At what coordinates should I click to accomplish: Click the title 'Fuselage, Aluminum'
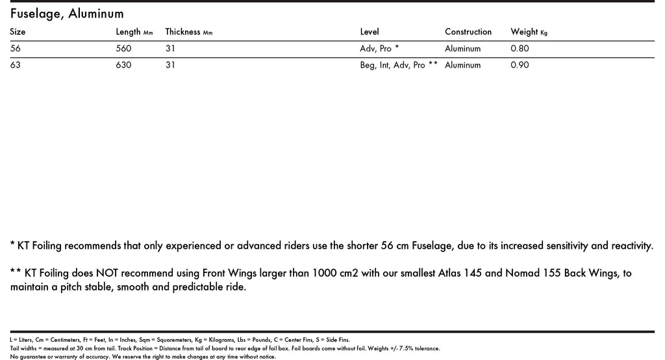point(67,14)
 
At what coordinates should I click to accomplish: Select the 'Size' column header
point(18,32)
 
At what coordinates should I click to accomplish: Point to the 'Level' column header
point(370,32)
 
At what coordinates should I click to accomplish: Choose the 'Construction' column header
point(468,32)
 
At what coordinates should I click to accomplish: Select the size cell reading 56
point(16,49)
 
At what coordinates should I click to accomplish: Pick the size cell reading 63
point(16,65)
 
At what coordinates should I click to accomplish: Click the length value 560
point(123,49)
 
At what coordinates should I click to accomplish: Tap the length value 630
point(123,65)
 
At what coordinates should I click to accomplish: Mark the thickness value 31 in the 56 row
point(171,49)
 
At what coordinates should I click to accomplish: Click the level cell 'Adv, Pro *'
point(379,49)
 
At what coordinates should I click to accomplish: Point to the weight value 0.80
point(520,49)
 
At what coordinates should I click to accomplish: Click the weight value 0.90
point(520,65)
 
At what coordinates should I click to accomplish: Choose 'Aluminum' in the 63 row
point(463,65)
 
